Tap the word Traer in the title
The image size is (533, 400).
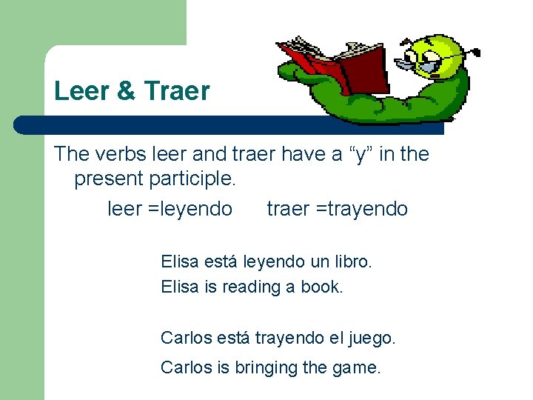[x=177, y=91]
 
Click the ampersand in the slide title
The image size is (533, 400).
[x=125, y=91]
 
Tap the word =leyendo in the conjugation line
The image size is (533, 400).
[x=190, y=210]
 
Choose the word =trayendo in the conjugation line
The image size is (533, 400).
[x=361, y=210]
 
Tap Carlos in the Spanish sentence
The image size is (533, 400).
[x=186, y=339]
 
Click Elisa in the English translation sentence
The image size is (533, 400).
[x=178, y=287]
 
